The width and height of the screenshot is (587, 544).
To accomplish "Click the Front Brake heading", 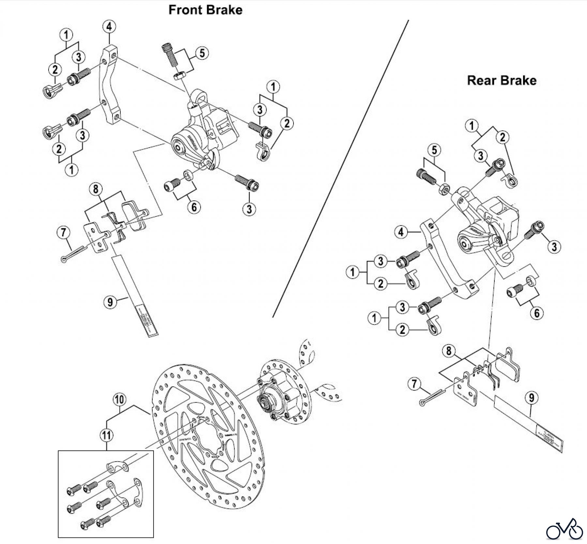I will click(x=205, y=10).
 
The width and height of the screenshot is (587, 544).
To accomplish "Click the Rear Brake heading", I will click(x=502, y=80).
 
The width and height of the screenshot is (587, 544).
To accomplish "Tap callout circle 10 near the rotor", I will click(x=120, y=400).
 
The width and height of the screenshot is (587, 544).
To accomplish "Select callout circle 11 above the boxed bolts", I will click(x=107, y=435).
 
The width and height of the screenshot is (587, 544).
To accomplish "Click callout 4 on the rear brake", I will click(x=401, y=232).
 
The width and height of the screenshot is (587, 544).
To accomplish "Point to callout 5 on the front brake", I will click(x=202, y=53).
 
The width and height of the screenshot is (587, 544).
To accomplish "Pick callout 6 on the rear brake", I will click(x=536, y=313).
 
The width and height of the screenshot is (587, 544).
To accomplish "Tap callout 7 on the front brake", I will click(x=63, y=233).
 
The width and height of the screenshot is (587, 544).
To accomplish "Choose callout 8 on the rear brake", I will click(x=449, y=351).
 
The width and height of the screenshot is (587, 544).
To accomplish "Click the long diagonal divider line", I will click(x=339, y=170).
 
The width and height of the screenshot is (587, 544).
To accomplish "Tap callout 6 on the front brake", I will click(x=194, y=207).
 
